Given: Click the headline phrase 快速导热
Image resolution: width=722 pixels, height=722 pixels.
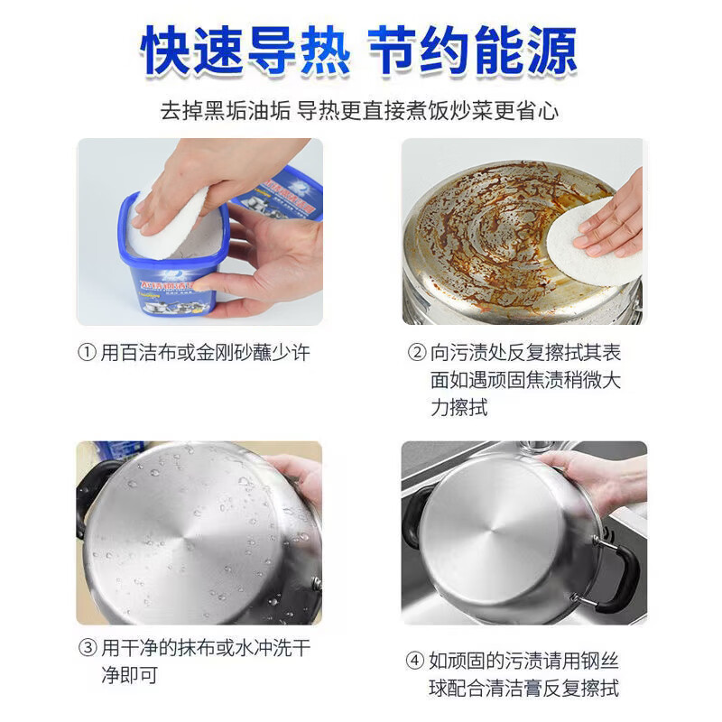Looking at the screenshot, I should (245, 51).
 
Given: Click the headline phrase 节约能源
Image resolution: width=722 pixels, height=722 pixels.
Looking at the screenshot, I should (477, 51).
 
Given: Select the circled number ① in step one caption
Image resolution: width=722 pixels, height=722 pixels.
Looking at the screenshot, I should (86, 353).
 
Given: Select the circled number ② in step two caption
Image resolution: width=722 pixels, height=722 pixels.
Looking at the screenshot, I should (416, 353).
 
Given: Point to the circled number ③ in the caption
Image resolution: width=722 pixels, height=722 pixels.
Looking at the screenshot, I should (87, 648).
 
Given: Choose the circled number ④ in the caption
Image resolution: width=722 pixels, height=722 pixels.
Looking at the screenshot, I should (415, 661).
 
